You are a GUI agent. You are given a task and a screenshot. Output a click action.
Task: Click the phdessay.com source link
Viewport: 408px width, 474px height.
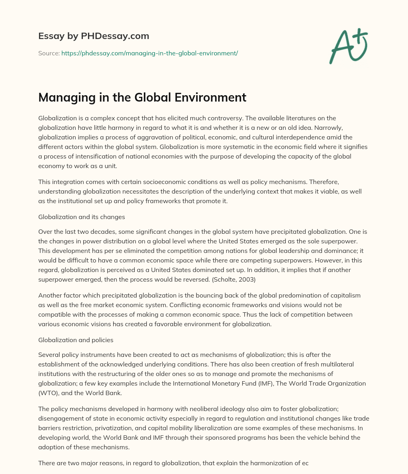[149, 53]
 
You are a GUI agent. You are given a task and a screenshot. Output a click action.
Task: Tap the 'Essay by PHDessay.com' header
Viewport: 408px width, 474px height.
[94, 36]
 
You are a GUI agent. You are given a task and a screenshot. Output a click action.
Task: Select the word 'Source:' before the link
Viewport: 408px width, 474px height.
[49, 53]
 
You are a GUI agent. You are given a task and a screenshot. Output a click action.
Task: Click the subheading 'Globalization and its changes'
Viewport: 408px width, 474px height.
[82, 217]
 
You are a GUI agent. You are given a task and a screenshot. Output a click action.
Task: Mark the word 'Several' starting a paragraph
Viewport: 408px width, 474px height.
[49, 355]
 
